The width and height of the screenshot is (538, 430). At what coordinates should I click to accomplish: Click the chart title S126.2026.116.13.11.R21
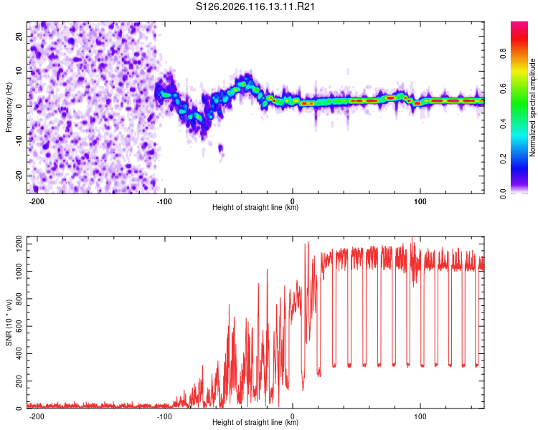pyautogui.click(x=255, y=6)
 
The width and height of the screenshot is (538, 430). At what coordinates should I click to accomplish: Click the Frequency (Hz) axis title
pyautogui.click(x=9, y=107)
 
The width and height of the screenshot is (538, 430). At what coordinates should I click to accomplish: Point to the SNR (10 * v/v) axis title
pyautogui.click(x=9, y=322)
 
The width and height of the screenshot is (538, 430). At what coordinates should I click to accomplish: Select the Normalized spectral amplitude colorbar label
pyautogui.click(x=532, y=107)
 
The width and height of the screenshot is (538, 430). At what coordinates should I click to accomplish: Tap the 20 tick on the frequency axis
pyautogui.click(x=19, y=37)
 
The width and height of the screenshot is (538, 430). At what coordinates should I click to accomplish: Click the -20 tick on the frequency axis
pyautogui.click(x=19, y=176)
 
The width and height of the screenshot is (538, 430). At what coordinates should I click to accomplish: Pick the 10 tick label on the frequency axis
pyautogui.click(x=19, y=71)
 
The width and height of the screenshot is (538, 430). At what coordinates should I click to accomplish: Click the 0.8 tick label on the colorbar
pyautogui.click(x=503, y=54)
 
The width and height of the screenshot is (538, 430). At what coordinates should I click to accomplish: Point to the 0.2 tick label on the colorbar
pyautogui.click(x=503, y=159)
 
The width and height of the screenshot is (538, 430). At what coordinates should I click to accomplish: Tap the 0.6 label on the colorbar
pyautogui.click(x=503, y=88)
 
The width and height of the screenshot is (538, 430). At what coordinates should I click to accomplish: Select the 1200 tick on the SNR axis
pyautogui.click(x=19, y=244)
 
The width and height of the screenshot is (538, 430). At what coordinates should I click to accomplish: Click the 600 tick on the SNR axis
pyautogui.click(x=19, y=326)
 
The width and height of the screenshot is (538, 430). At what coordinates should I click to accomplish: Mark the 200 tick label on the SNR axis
pyautogui.click(x=19, y=381)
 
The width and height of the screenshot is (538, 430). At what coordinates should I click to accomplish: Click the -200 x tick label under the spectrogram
pyautogui.click(x=36, y=201)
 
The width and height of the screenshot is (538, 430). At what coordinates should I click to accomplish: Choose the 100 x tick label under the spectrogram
pyautogui.click(x=420, y=201)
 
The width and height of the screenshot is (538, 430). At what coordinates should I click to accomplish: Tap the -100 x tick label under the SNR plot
pyautogui.click(x=164, y=416)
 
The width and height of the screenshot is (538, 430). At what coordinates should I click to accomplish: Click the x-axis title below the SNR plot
pyautogui.click(x=255, y=422)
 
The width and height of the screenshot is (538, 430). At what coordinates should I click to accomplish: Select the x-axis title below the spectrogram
pyautogui.click(x=255, y=207)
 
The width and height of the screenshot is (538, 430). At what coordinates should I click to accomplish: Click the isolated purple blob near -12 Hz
pyautogui.click(x=221, y=148)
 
